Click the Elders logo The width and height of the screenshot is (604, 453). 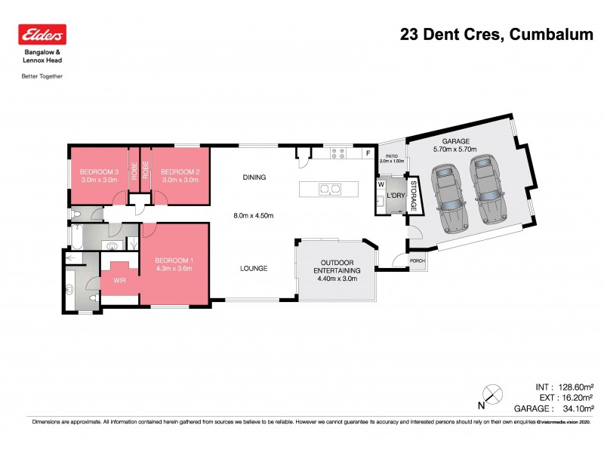tap(42, 35)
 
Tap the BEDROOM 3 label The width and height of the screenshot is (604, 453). tap(98, 171)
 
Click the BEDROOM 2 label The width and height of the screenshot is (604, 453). tap(180, 171)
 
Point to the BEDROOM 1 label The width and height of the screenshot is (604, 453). tap(175, 261)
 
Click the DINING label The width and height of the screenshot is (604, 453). tap(254, 177)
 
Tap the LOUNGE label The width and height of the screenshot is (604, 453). tap(254, 267)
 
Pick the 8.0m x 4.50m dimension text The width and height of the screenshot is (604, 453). tap(253, 216)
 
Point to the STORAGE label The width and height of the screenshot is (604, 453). tap(413, 194)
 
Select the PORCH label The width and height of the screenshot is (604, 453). tap(418, 261)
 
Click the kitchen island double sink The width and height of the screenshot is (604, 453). tap(330, 188)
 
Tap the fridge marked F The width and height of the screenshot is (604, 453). tap(368, 154)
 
